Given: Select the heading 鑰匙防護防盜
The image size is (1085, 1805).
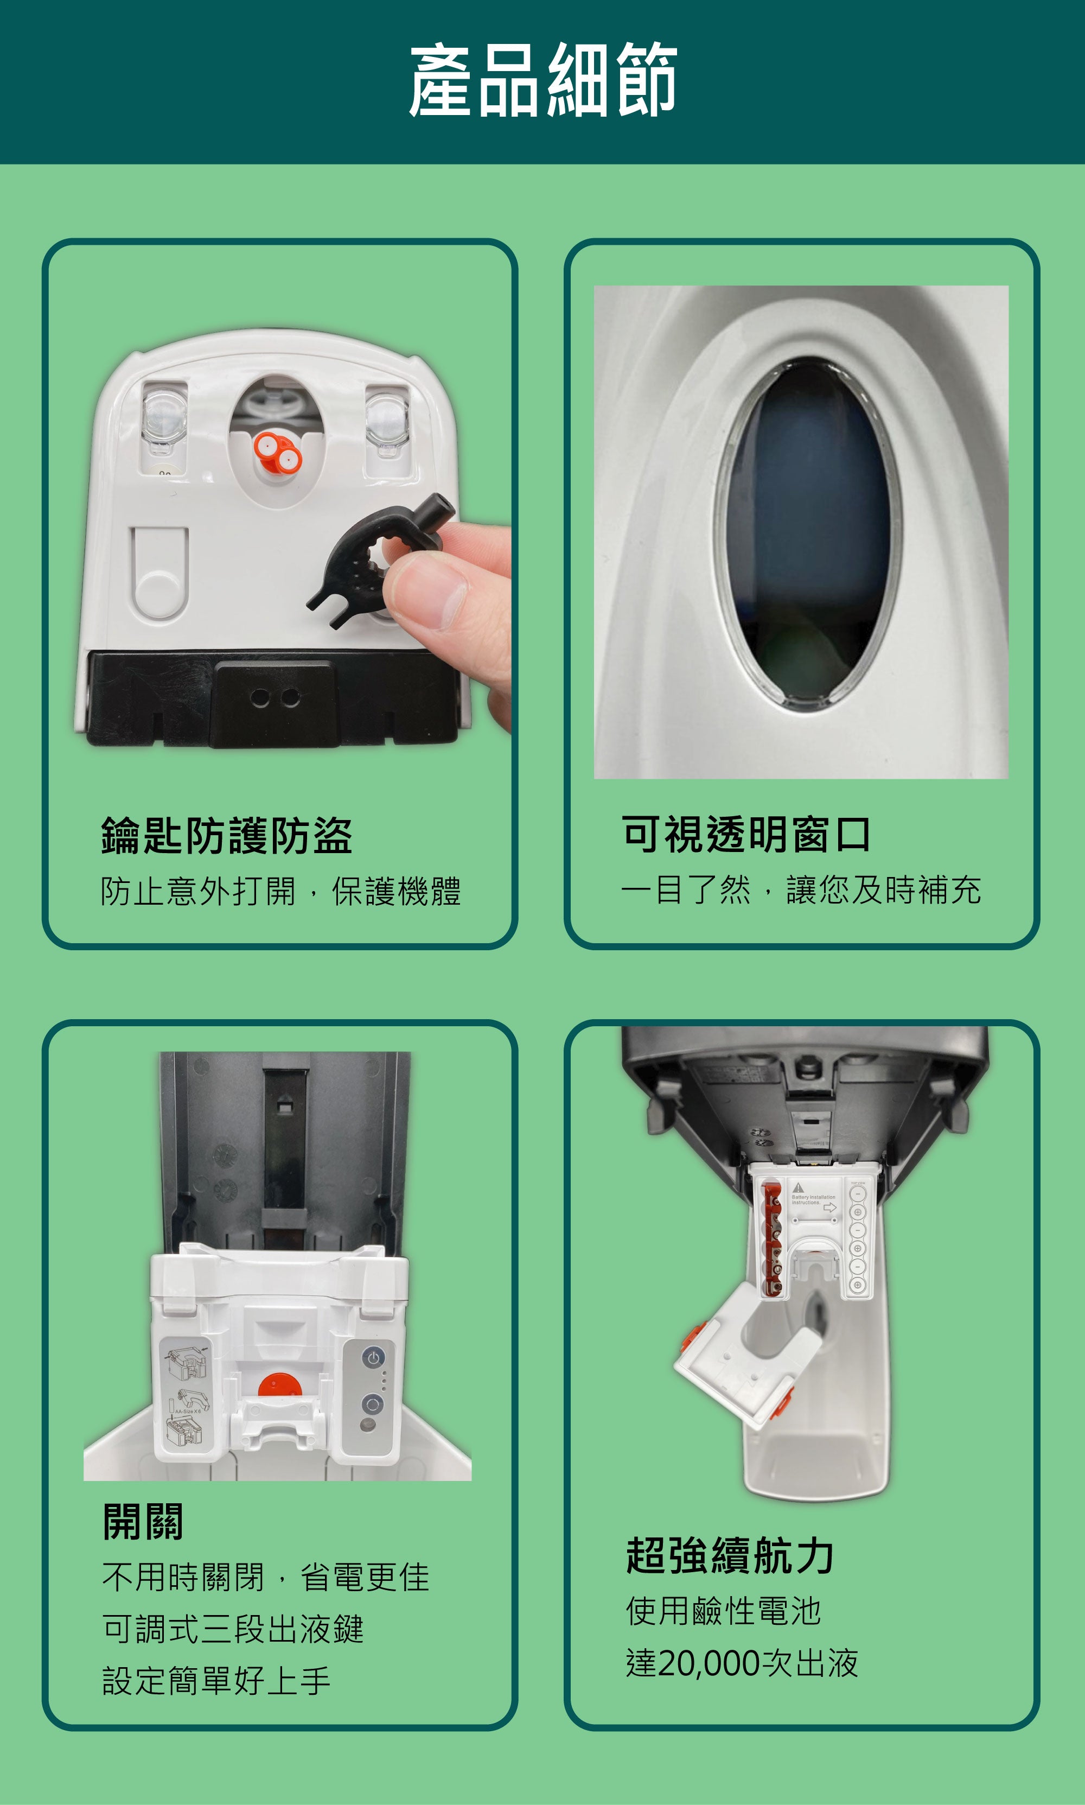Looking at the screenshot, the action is [227, 835].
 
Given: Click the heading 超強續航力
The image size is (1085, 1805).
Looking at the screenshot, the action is [730, 1555].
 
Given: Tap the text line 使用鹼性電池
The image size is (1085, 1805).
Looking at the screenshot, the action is [724, 1611].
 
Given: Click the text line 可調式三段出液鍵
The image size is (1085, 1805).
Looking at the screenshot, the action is [233, 1629].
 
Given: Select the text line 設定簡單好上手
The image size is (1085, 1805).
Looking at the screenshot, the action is [216, 1681].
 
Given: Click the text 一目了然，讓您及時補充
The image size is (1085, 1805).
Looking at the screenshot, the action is [801, 890].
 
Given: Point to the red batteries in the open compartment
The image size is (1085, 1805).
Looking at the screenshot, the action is [770, 1239].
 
